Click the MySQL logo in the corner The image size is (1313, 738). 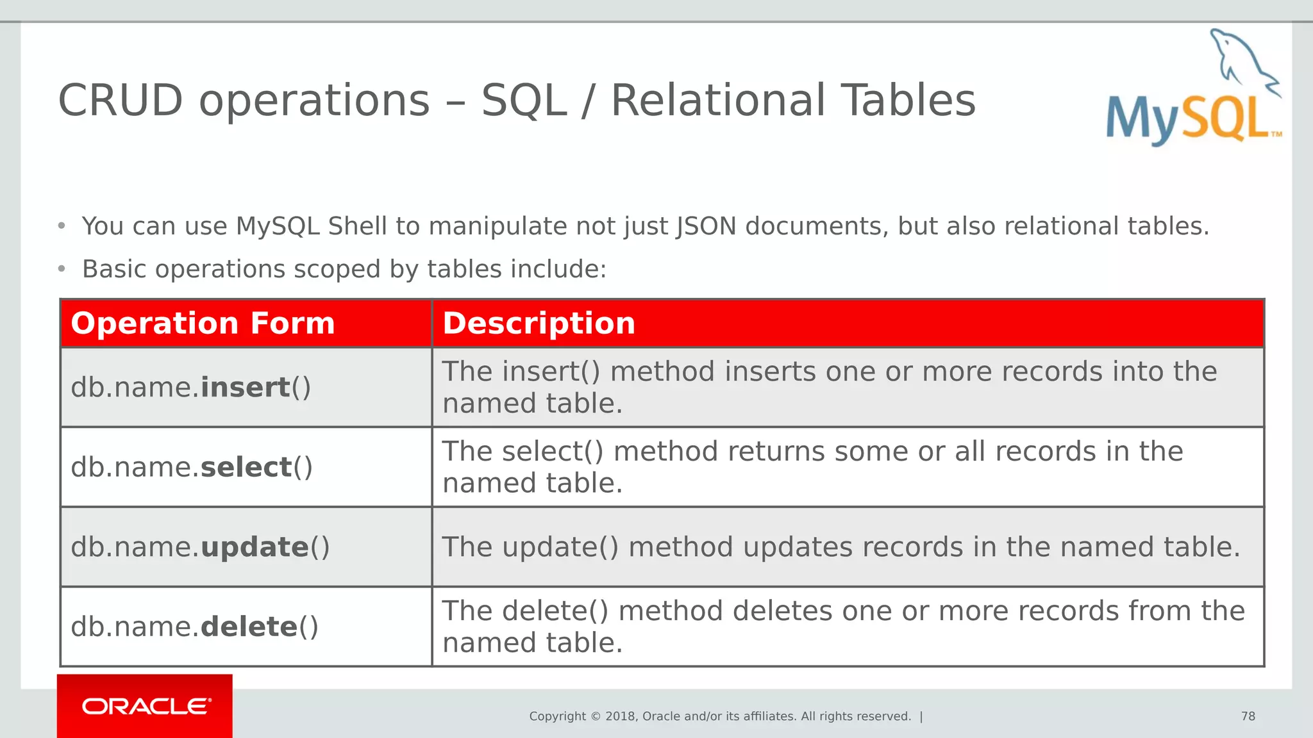pos(1192,90)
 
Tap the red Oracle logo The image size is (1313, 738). pos(145,706)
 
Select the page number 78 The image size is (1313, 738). pos(1248,716)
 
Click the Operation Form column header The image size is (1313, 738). pos(203,323)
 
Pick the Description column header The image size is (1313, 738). pos(539,323)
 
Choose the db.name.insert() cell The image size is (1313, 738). pos(191,388)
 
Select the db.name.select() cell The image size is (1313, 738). pos(192,467)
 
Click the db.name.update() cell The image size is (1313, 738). pos(200,547)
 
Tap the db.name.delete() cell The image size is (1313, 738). pos(194,627)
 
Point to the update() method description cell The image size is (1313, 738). pos(841,547)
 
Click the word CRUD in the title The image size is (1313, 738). pos(121,101)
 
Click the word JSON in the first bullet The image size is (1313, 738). pos(706,226)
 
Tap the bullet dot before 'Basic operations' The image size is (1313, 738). pos(62,269)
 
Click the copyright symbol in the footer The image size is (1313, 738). pos(596,716)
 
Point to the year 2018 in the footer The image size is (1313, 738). pos(620,716)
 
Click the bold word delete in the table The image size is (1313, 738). pos(249,627)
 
